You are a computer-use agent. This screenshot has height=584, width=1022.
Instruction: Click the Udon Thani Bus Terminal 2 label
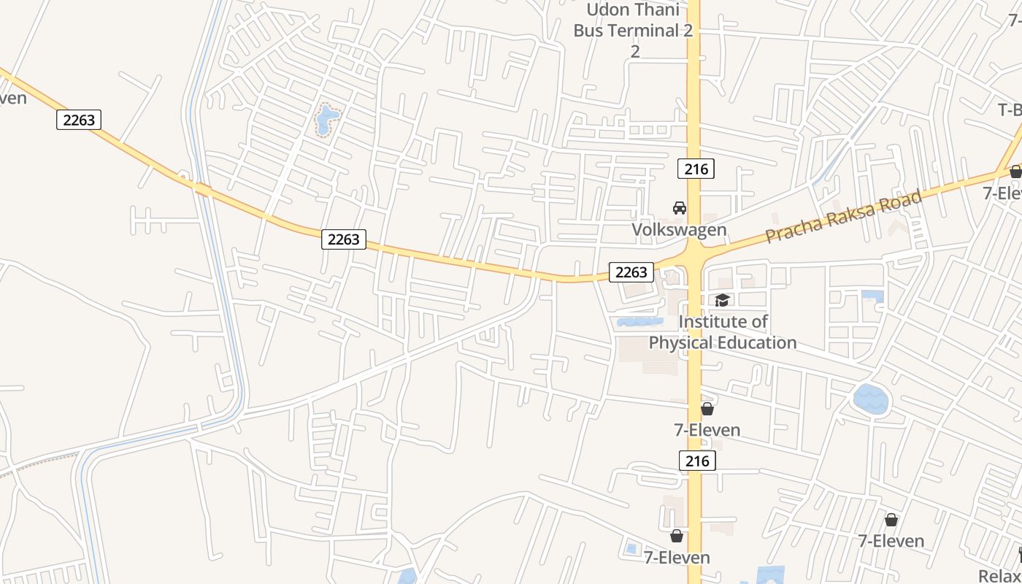coord(633,20)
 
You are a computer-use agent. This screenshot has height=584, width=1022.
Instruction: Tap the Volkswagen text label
coord(679,230)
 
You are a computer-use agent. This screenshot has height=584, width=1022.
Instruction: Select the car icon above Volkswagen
coord(680,208)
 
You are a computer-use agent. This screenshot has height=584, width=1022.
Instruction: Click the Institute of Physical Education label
coord(723,332)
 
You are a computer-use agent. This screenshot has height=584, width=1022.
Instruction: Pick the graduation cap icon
coord(722,300)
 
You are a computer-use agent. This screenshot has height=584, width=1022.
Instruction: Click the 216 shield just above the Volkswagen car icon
coord(696,169)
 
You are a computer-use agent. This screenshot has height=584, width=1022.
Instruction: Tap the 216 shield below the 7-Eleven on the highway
coord(697,461)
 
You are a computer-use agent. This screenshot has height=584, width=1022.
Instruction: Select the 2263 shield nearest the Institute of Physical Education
coord(631,272)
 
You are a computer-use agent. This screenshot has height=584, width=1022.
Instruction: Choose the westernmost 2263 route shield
coord(79,120)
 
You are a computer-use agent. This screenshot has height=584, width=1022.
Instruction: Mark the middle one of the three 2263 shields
coord(344,239)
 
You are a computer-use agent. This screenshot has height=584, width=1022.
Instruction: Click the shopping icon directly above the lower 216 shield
coord(707,409)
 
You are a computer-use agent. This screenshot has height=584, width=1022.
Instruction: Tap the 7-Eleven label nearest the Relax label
coord(891,541)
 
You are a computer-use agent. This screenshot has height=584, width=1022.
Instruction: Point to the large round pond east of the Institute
coord(871,399)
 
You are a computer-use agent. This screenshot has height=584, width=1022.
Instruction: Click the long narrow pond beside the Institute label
coord(639,321)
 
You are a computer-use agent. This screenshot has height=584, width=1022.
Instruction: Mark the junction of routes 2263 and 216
coord(693,255)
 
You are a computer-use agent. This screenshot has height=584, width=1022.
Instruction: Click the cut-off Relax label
coord(999,575)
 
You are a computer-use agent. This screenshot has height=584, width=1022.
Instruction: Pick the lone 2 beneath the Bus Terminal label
coord(635,51)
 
